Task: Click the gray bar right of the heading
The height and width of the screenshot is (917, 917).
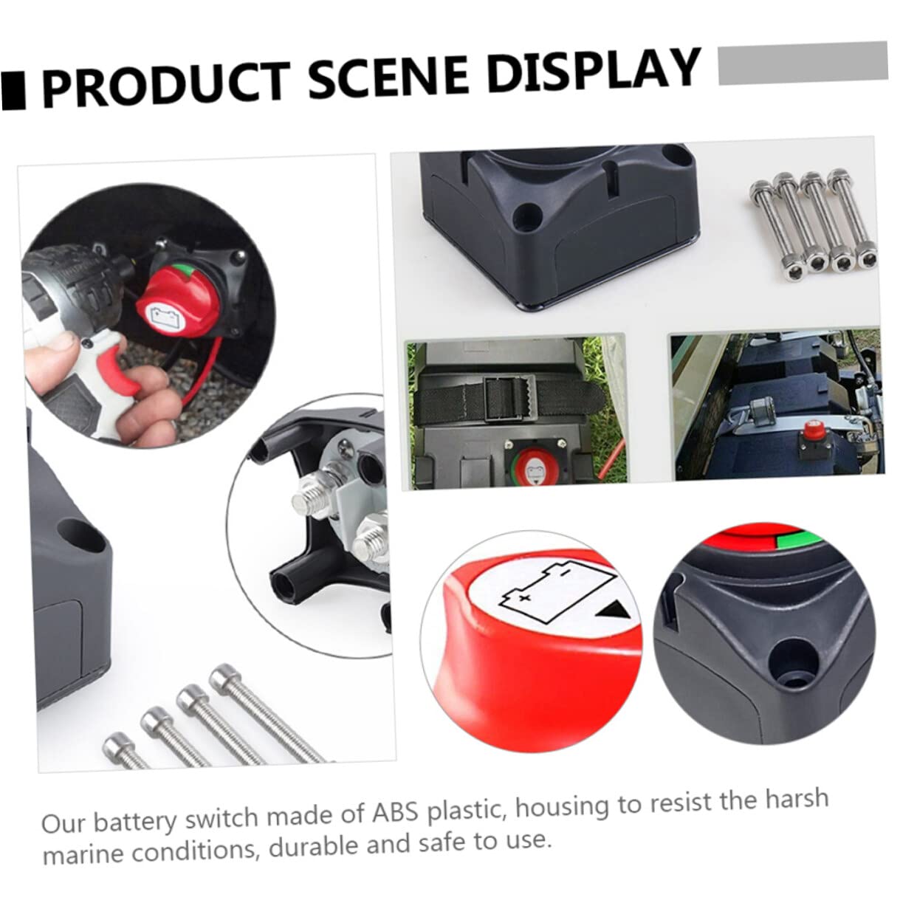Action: (803, 63)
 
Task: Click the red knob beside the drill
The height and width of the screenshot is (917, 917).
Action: (177, 299)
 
